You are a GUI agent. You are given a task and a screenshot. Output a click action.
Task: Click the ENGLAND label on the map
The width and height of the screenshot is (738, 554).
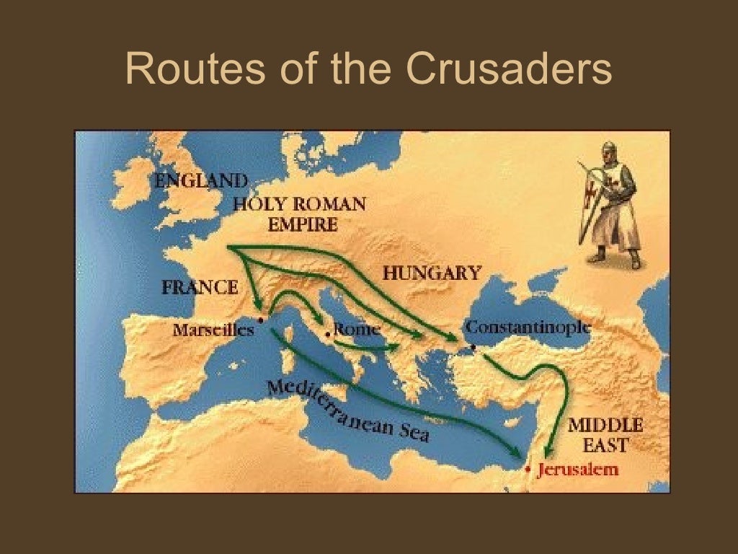point(201,180)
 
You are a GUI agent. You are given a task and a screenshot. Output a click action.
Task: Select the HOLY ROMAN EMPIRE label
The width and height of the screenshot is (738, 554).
point(299,214)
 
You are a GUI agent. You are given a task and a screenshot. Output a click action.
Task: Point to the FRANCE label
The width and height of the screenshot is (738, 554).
point(200,287)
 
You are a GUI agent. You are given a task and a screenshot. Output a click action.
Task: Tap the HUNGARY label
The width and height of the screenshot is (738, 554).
point(431,273)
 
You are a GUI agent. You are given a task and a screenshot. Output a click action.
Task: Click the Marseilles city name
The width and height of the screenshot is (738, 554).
point(213,330)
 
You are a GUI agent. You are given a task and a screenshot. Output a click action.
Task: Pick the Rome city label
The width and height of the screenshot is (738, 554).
point(357,330)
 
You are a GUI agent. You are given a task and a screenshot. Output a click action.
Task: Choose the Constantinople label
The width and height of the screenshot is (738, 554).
point(528,327)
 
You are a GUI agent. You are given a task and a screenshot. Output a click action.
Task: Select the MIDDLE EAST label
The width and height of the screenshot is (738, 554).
point(605,434)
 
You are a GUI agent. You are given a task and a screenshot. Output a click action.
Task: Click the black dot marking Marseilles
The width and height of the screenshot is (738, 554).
point(259,318)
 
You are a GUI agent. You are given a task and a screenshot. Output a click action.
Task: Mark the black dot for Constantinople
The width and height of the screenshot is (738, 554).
point(473,348)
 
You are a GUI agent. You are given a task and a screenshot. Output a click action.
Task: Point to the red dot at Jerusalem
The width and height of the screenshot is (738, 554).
point(529,470)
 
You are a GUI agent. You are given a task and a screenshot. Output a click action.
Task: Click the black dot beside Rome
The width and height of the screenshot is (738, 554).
point(327,334)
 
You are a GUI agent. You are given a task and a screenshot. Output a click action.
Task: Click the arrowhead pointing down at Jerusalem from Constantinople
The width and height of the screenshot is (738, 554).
point(549,450)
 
